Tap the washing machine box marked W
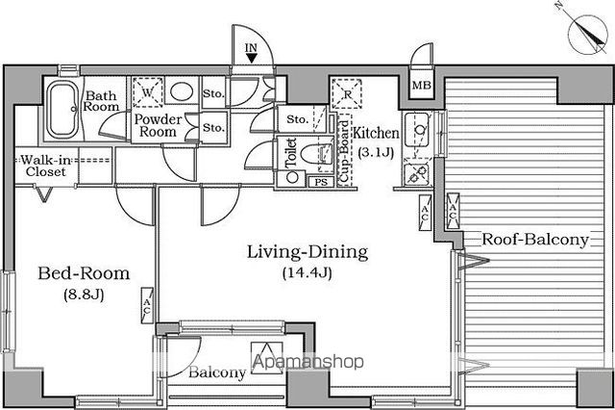147,92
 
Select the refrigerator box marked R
347,94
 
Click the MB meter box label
422,85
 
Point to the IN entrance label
251,48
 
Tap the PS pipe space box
321,182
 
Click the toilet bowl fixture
317,153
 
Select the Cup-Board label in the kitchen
344,151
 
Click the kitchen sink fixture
416,129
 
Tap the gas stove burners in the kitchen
416,172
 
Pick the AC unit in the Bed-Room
147,305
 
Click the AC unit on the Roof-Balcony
453,212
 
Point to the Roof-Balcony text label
535,239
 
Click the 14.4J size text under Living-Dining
307,272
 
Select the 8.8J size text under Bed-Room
84,294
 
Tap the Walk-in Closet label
46,166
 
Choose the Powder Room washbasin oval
182,90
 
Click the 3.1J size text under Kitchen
376,152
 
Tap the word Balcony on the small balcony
217,372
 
